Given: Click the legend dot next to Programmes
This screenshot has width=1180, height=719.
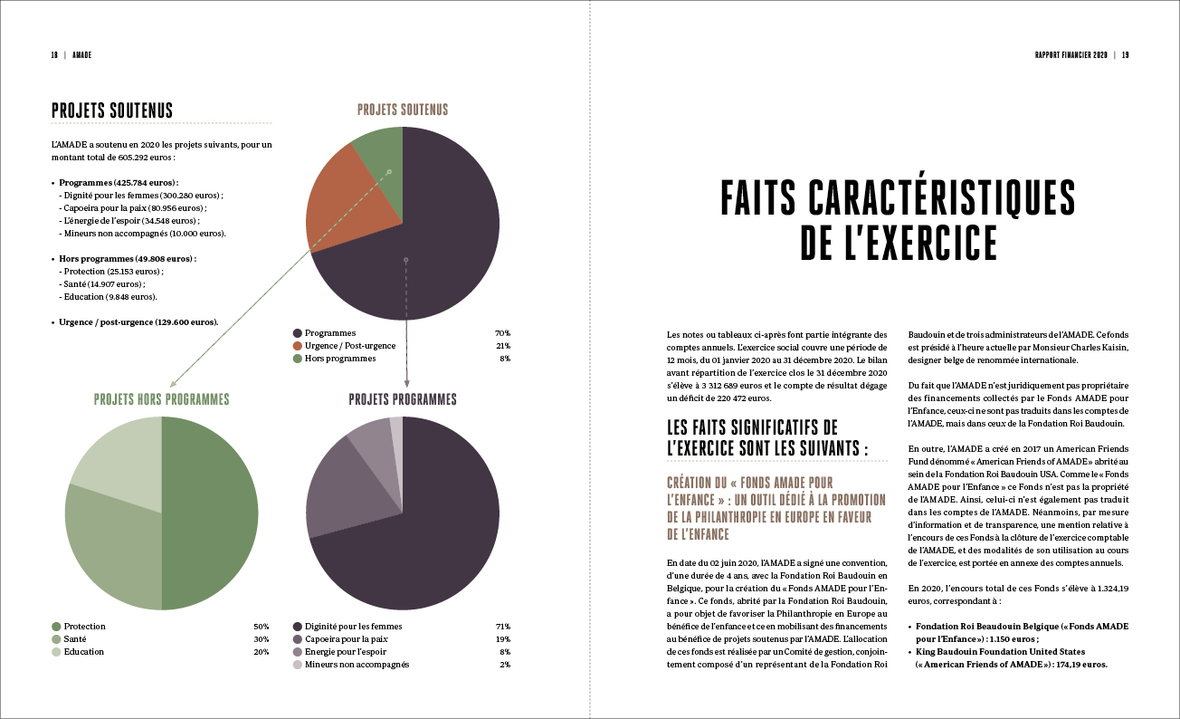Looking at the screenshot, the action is pyautogui.click(x=298, y=333).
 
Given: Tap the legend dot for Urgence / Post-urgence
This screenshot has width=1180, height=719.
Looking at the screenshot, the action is pyautogui.click(x=298, y=346).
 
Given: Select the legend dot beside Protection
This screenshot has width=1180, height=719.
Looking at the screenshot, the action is pyautogui.click(x=56, y=627).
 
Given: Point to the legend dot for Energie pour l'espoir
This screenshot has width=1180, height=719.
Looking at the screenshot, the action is pyautogui.click(x=298, y=652).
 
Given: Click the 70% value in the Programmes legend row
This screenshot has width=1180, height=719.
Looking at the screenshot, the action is pyautogui.click(x=502, y=333).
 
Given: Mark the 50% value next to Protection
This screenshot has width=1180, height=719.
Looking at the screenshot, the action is pyautogui.click(x=262, y=627).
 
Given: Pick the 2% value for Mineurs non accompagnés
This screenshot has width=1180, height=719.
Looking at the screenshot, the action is pyautogui.click(x=505, y=665).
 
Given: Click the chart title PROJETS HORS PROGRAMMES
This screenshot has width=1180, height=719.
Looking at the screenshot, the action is pyautogui.click(x=162, y=399).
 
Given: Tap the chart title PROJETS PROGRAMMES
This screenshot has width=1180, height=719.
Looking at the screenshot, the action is pyautogui.click(x=403, y=399).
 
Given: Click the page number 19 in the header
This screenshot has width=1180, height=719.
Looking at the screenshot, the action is pyautogui.click(x=1125, y=55).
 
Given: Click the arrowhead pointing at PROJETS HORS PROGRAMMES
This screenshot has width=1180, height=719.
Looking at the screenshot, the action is pyautogui.click(x=173, y=385).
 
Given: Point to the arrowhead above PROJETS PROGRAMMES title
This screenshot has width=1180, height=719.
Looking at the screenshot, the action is pyautogui.click(x=406, y=384).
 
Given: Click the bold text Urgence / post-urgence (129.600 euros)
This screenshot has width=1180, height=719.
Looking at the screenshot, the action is pyautogui.click(x=138, y=322).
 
